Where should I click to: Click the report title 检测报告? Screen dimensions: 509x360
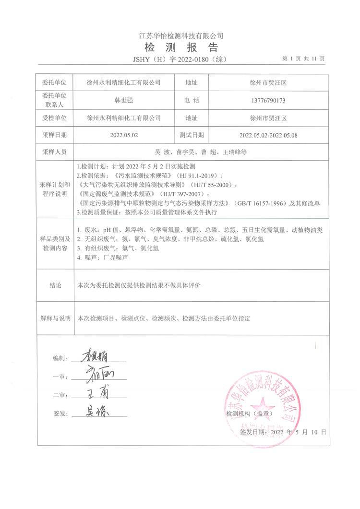181,47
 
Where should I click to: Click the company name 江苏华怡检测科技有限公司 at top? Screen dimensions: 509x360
181,36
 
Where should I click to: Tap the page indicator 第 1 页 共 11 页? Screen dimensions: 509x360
304,59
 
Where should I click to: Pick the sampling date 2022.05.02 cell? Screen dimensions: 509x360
124,135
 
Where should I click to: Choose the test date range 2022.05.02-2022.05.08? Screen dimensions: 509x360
268,135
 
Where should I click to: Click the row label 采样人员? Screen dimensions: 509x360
54,152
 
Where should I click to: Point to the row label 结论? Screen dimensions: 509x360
55,285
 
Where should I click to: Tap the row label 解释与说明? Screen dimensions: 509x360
55,318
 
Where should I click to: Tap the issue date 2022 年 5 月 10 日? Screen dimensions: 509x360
298,432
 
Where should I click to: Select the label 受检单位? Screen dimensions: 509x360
54,118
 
